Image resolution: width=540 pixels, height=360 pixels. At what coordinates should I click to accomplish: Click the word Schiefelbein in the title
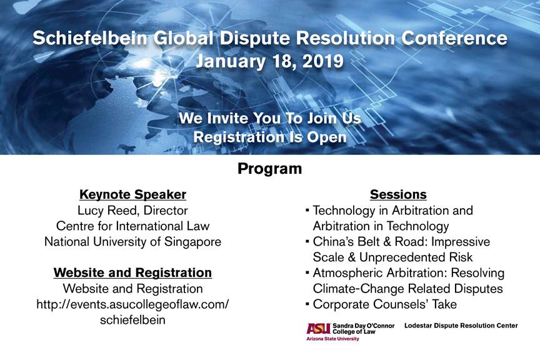[x=90, y=38]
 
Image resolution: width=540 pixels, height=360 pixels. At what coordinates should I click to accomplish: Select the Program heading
[x=269, y=169]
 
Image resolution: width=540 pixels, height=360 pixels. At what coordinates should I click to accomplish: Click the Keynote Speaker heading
[x=132, y=194]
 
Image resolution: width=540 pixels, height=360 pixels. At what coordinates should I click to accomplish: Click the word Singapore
[x=192, y=242]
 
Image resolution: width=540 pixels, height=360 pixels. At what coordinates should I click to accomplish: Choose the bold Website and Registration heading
[x=132, y=272]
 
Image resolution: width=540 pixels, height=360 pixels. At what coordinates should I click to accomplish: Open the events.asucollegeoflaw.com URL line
[x=132, y=304]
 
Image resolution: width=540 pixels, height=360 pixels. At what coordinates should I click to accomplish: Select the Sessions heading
[x=398, y=194]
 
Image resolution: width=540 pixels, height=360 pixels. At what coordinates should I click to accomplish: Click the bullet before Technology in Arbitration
[x=307, y=209]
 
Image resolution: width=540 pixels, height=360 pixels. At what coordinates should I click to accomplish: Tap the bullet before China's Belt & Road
[x=307, y=241]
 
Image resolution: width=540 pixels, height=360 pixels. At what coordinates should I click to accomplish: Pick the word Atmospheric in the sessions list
[x=348, y=273]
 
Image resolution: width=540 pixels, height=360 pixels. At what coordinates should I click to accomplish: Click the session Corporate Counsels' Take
[x=384, y=304]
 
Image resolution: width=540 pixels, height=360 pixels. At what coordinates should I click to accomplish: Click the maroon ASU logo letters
[x=318, y=329]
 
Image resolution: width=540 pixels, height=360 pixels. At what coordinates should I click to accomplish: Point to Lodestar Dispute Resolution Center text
[x=461, y=326]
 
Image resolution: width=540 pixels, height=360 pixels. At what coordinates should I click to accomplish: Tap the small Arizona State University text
[x=332, y=339]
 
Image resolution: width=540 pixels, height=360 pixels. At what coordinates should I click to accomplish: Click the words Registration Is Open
[x=269, y=137]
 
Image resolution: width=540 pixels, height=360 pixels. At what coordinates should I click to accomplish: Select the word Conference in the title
[x=454, y=38]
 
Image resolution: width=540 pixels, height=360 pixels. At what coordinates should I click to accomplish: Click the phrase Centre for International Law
[x=132, y=226]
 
